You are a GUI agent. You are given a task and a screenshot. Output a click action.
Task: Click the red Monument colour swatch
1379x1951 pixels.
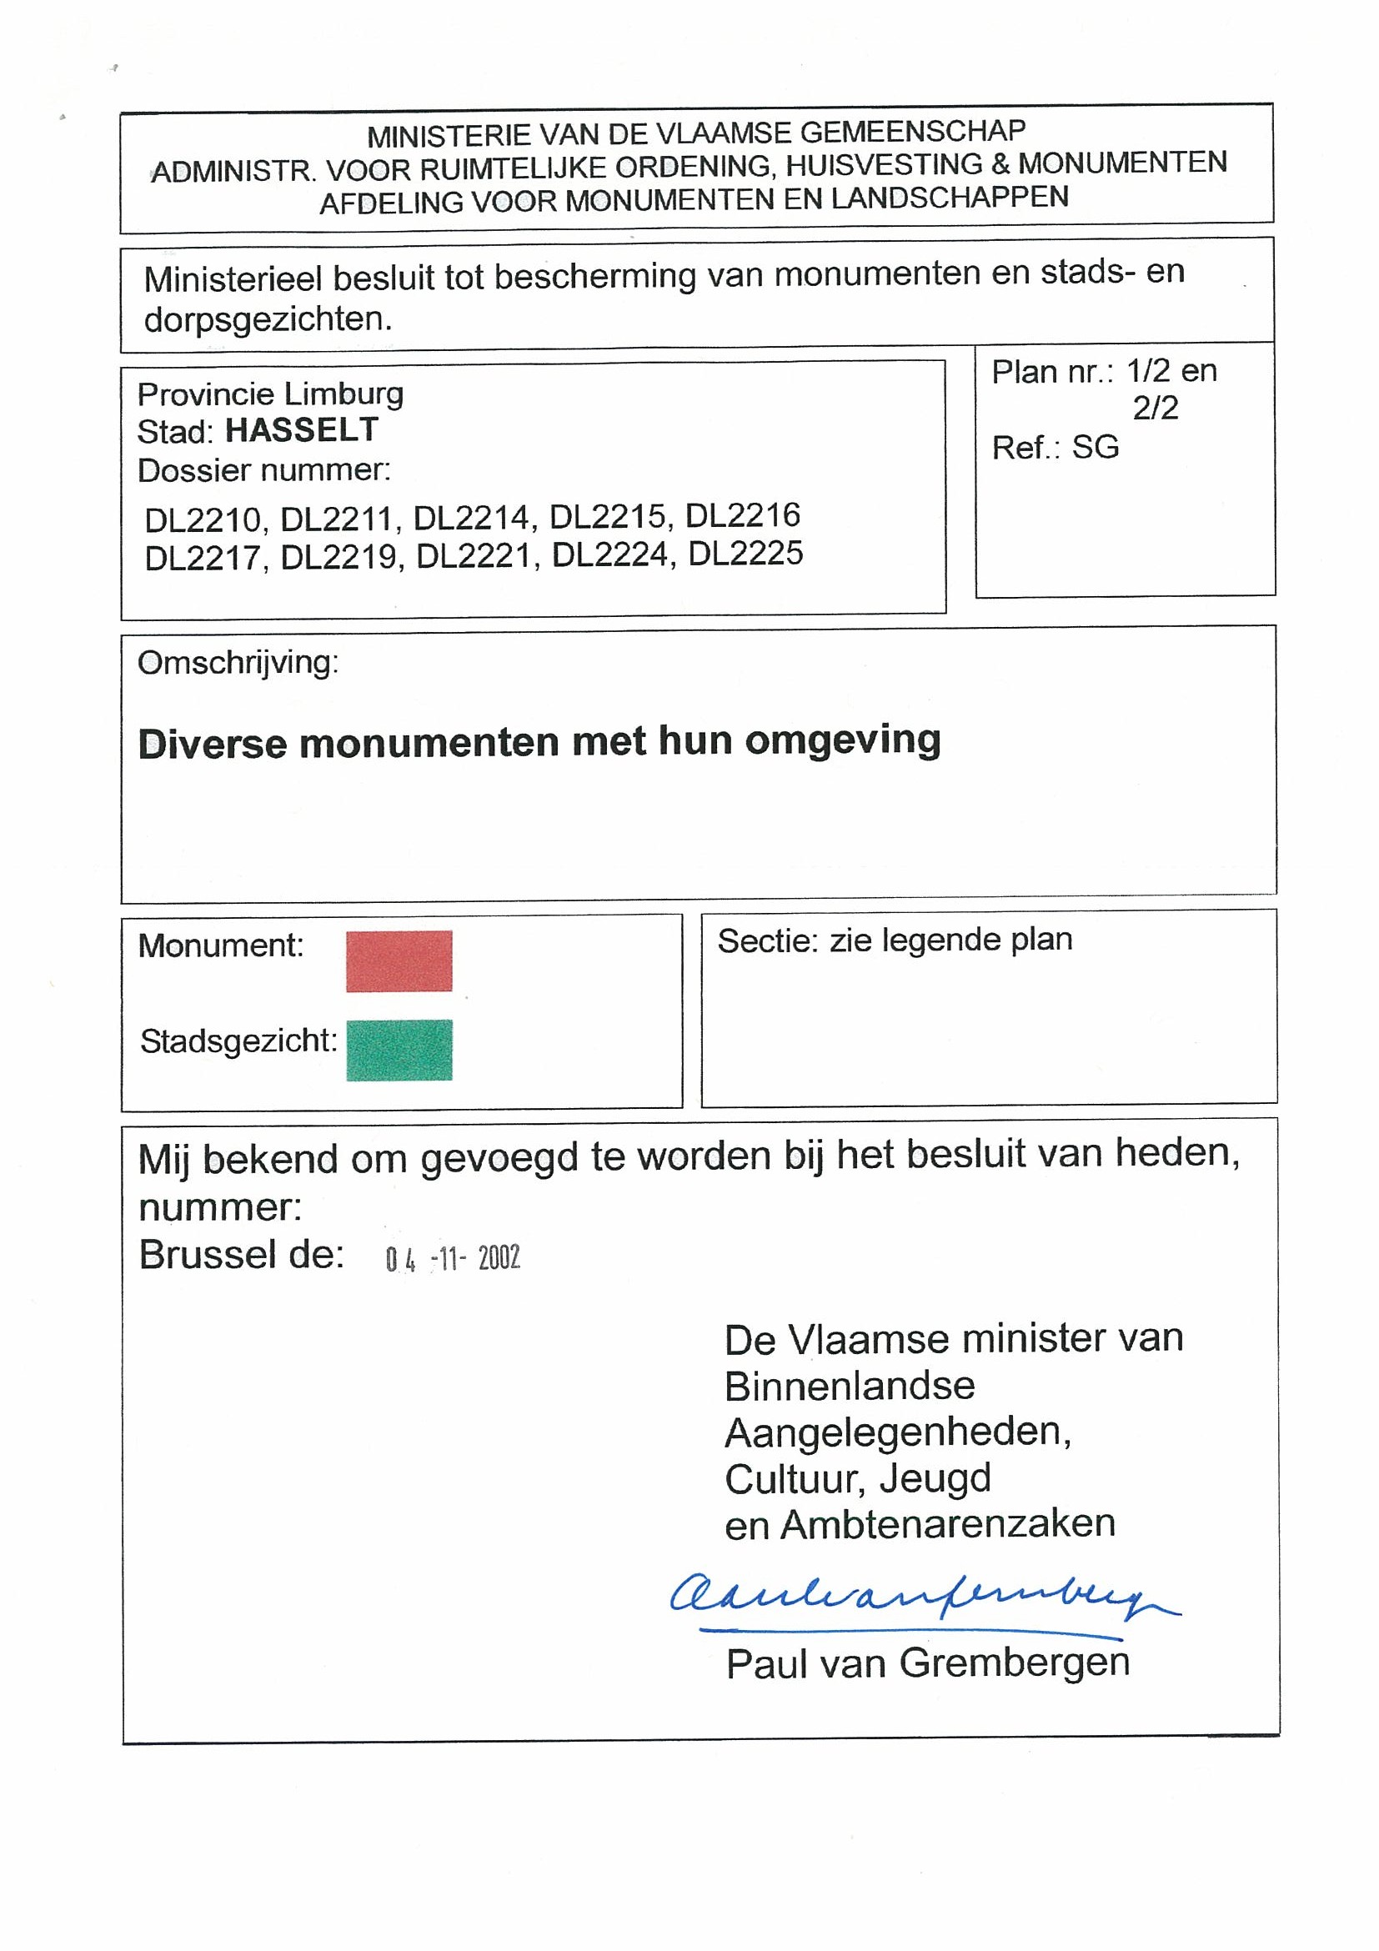[x=399, y=961]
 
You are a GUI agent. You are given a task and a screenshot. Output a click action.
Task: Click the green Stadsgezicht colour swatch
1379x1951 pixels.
[x=399, y=1051]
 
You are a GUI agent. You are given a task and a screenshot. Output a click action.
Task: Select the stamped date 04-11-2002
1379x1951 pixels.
[x=452, y=1258]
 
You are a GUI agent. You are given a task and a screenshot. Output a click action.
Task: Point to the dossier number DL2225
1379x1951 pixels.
[x=745, y=554]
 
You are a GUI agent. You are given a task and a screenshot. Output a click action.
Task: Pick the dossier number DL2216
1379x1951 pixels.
[x=743, y=516]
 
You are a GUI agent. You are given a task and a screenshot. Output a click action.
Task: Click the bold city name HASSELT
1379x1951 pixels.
[x=302, y=431]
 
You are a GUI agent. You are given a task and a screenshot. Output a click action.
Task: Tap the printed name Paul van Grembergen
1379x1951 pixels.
[x=927, y=1663]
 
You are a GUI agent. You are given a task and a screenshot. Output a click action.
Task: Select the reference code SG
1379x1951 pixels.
[x=1096, y=448]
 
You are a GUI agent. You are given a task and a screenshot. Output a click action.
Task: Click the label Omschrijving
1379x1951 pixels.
[x=238, y=663]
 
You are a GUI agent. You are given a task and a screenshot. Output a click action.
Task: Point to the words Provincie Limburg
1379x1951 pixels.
[x=270, y=394]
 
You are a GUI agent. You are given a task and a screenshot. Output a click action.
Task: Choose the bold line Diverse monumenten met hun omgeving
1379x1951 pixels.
[x=539, y=743]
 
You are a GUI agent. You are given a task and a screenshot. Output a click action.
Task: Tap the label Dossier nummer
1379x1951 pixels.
[x=263, y=470]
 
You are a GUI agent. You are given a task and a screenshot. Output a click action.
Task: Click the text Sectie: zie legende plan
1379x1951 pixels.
[x=895, y=940]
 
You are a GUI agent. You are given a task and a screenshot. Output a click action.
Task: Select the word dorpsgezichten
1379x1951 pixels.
[x=268, y=319]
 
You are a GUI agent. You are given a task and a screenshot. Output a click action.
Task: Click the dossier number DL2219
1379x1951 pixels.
[x=338, y=557]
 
